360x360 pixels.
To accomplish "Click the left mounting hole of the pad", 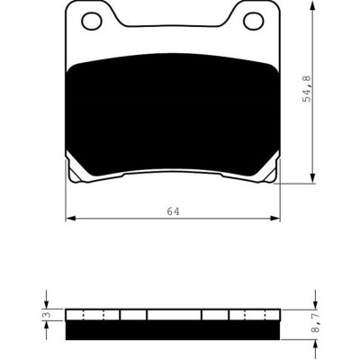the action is point(92,21).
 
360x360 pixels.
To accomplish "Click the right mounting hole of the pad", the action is point(254,21).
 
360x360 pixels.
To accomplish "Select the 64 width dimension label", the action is point(173,211).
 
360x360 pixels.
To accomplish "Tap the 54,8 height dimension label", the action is point(307,88).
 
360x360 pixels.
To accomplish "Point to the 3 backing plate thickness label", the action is point(47,315).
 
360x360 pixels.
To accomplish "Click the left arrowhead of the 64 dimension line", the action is point(70,219).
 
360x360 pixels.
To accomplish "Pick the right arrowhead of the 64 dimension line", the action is point(275,219).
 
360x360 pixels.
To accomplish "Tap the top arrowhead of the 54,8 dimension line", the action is point(313,5).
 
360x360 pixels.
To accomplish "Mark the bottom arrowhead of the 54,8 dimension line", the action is point(313,177).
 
